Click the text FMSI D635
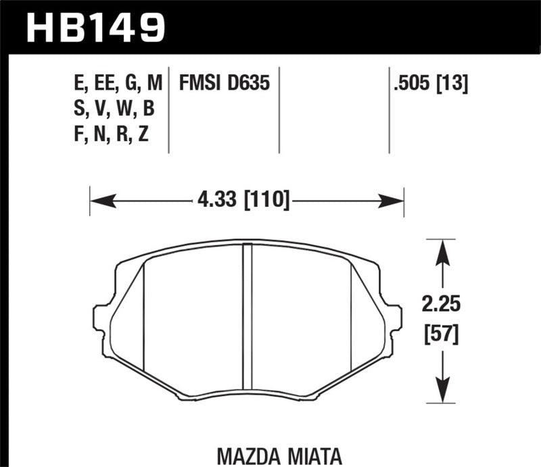pyautogui.click(x=225, y=84)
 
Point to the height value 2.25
pyautogui.click(x=442, y=306)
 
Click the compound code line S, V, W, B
pyautogui.click(x=116, y=109)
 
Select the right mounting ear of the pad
pyautogui.click(x=394, y=318)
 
